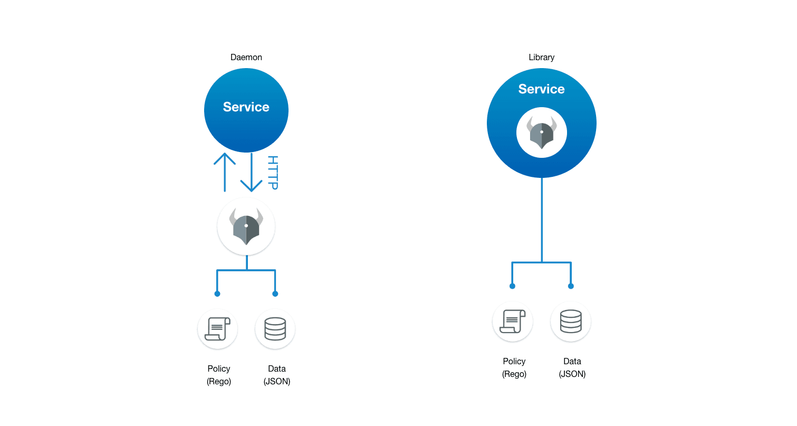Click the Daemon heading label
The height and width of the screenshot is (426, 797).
[246, 57]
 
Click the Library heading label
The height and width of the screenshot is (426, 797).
[541, 57]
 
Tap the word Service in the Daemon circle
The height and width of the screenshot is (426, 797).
[246, 107]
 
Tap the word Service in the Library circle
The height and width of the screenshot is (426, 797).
[541, 89]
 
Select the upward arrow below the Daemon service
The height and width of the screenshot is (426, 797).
[225, 172]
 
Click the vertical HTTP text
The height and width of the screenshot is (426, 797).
[273, 173]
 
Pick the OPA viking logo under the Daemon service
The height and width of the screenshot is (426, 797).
[246, 226]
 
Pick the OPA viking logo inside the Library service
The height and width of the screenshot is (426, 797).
[541, 132]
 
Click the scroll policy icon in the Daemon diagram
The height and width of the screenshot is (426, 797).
[217, 329]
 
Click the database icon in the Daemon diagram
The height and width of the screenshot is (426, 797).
[275, 329]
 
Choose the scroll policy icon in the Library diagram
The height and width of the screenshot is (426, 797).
[512, 321]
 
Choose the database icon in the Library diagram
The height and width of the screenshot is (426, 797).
[571, 321]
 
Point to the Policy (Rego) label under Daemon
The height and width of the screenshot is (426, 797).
[219, 375]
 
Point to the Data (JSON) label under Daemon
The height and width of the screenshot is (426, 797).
[277, 375]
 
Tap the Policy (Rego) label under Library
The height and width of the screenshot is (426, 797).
[514, 367]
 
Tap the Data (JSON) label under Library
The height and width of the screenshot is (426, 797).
[572, 367]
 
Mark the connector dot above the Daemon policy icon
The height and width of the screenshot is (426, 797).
[217, 294]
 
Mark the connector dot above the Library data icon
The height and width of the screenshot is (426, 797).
[571, 286]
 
